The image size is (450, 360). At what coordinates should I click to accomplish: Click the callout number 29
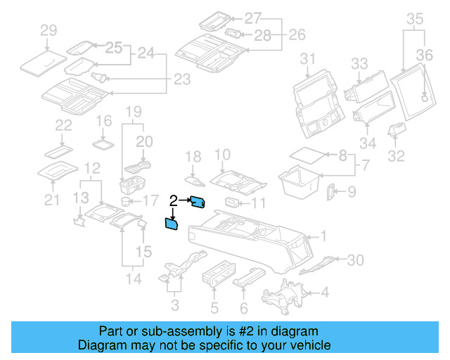point(48,30)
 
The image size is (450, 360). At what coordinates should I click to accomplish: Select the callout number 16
point(103,121)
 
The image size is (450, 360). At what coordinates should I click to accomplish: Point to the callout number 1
point(324,236)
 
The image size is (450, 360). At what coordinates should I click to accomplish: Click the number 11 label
point(259,204)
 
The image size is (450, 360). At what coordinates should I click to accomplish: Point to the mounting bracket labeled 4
point(282,297)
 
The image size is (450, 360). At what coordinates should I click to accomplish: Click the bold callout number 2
point(172,201)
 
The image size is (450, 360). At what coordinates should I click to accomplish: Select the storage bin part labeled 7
point(301,181)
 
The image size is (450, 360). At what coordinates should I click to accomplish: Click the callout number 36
point(425,55)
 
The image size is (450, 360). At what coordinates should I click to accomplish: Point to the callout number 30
point(356,260)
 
